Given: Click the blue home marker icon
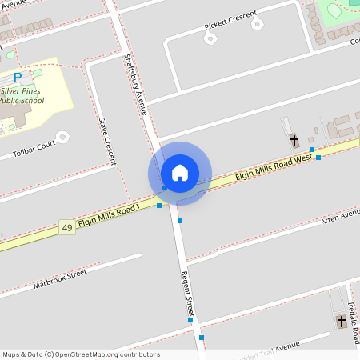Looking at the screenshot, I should pos(180,173).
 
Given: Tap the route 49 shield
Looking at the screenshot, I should pos(67,229).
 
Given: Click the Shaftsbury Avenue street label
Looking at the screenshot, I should pos(136,84).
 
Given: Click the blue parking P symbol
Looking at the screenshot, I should pos(18,78).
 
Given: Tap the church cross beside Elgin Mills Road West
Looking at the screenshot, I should pos(294,140).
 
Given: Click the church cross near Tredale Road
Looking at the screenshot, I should pos(342,322).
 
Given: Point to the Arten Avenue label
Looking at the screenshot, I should pos(340,218).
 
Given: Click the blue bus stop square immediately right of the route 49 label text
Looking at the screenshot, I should pos(159,206).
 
